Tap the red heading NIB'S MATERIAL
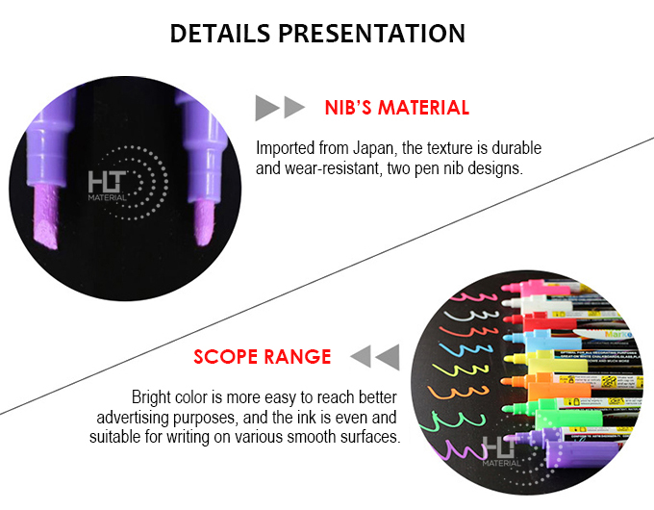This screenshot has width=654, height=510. click(396, 108)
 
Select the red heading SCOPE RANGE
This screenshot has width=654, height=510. click(263, 357)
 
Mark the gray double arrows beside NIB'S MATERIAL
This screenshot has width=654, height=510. click(280, 108)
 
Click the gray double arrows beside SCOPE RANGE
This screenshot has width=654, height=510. click(374, 357)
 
